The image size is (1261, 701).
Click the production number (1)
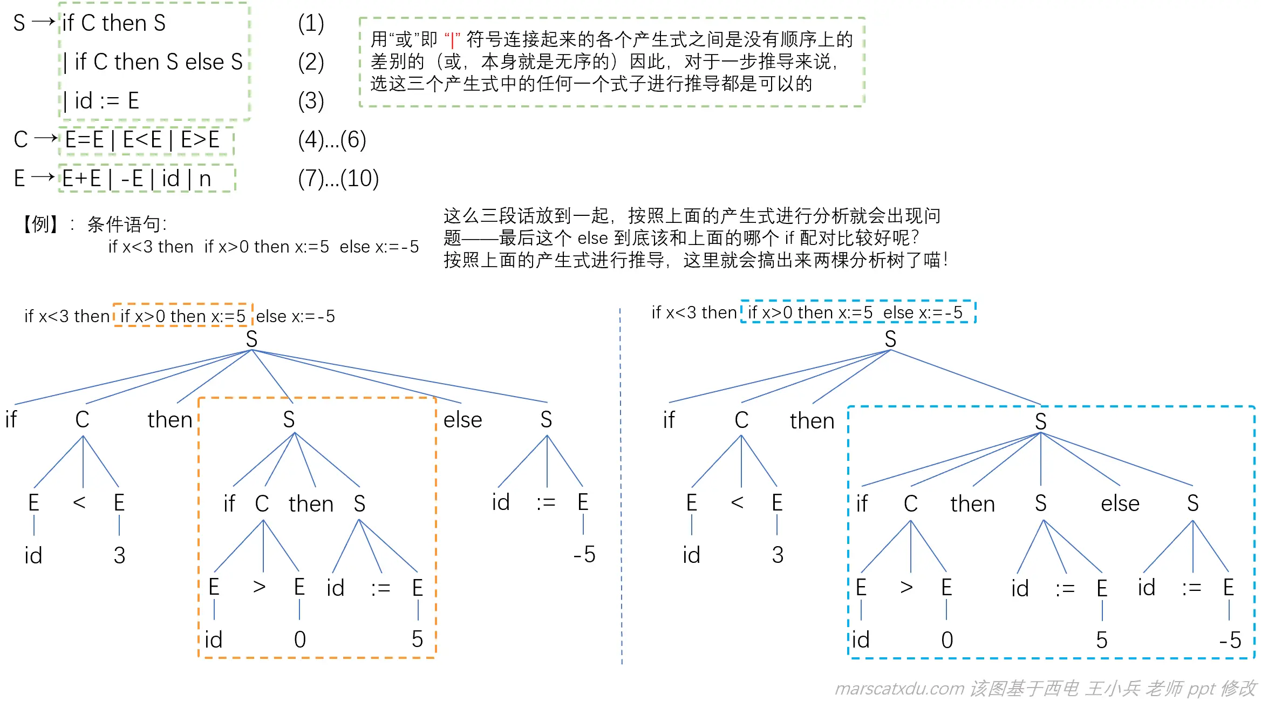pos(311,23)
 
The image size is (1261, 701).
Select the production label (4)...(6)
pos(332,140)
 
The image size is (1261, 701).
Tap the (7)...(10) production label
pos(338,179)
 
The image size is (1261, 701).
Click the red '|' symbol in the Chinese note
pos(452,40)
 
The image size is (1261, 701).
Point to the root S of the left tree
pos(251,339)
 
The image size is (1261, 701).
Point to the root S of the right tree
pos(890,339)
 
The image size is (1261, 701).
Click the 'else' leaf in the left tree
pos(462,420)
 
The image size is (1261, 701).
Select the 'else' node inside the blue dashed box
pos(1120,503)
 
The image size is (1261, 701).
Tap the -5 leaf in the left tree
pos(584,555)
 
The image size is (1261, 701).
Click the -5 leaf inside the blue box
pos(1230,641)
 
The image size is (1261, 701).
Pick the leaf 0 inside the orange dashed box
pos(300,640)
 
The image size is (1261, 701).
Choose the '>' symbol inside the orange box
pos(260,587)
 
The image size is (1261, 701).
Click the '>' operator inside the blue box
pos(907,587)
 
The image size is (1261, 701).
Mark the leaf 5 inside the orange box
pos(417,639)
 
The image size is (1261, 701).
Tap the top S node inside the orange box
pos(289,420)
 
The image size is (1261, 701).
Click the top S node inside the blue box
pos(1041,421)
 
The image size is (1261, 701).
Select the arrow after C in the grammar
pos(46,139)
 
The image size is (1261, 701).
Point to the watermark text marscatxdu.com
pos(899,689)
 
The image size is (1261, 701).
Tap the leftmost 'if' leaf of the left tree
pos(11,420)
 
